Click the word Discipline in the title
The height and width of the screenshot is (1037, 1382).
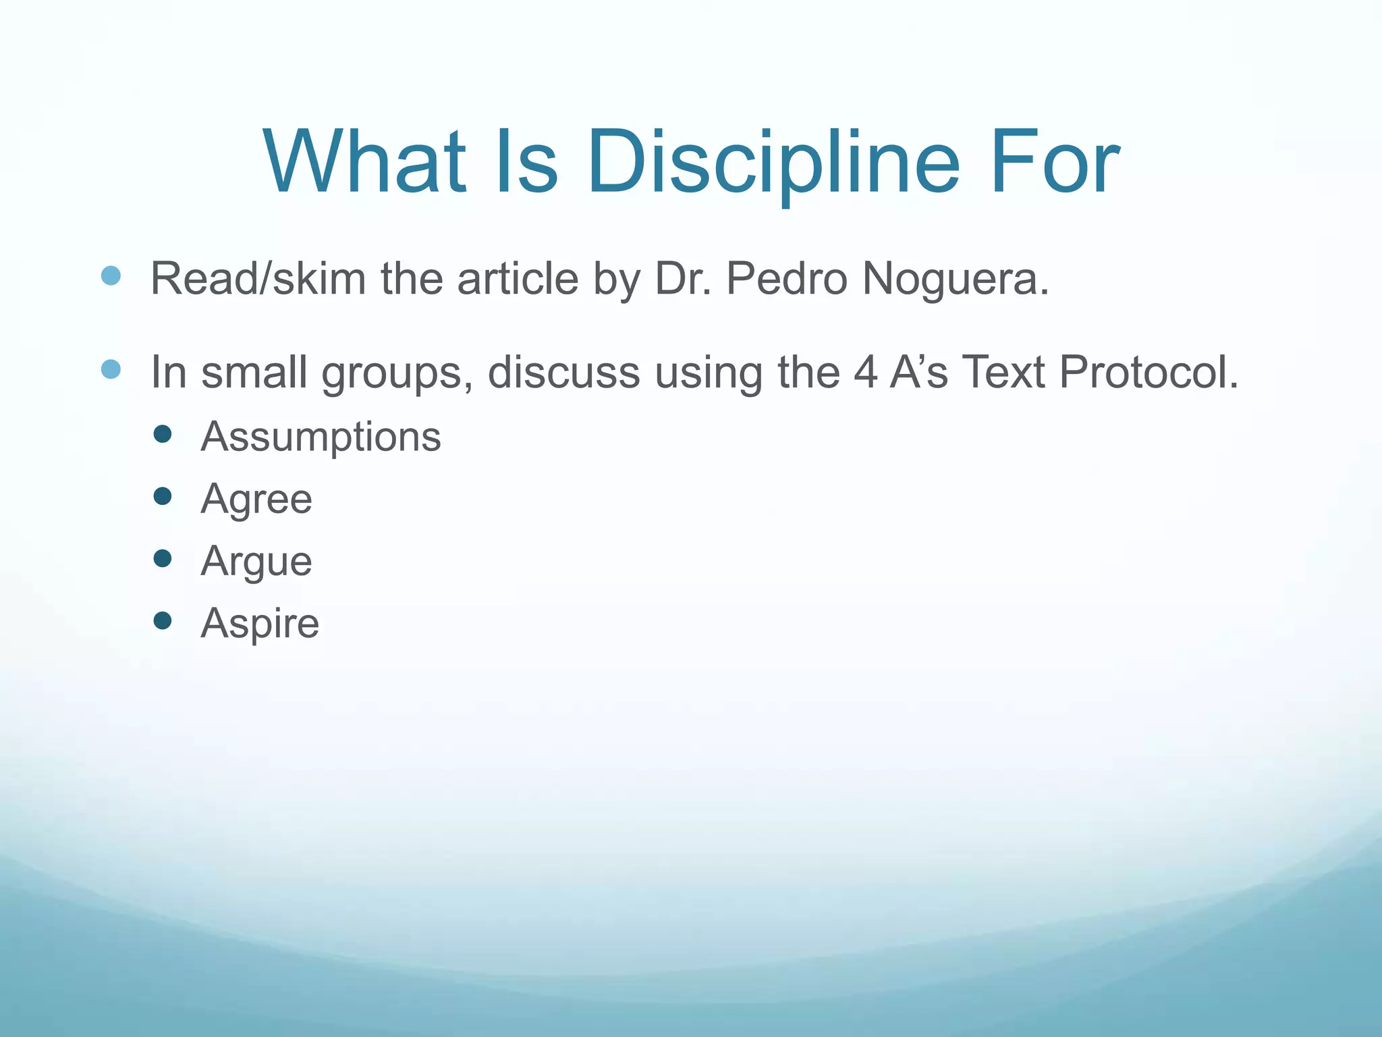tap(773, 163)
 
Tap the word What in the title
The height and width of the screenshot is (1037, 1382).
tap(365, 163)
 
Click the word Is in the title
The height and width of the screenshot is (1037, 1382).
tap(526, 163)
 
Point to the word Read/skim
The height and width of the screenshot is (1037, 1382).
tap(257, 278)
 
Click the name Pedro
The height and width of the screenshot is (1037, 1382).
tap(786, 278)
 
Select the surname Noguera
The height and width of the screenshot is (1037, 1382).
tap(956, 280)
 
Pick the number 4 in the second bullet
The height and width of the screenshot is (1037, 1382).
tap(866, 371)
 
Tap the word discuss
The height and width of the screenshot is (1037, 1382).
tap(563, 371)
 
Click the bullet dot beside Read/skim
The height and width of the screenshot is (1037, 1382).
tap(111, 275)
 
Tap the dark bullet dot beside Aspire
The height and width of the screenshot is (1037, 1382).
tap(162, 620)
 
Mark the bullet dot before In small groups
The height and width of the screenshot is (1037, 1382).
tap(111, 369)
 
